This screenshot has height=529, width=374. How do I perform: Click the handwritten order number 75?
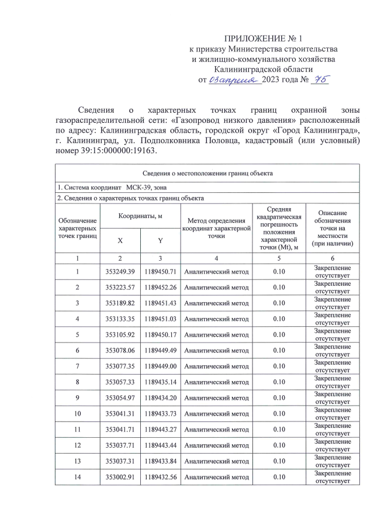click(320, 79)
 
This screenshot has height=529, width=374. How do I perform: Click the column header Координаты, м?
click(140, 216)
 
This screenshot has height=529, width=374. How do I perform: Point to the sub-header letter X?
click(120, 241)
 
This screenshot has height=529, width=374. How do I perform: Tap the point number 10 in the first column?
click(77, 414)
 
